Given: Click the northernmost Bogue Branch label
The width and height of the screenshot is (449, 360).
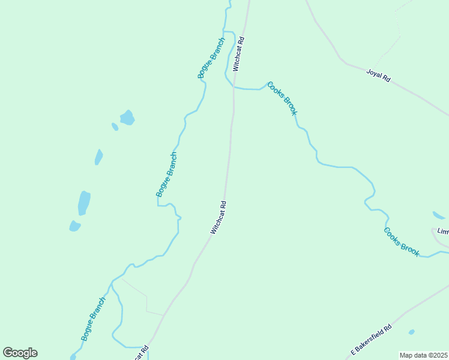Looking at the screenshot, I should click(x=211, y=58).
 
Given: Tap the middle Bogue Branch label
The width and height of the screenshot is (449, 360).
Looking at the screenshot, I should click(x=166, y=175).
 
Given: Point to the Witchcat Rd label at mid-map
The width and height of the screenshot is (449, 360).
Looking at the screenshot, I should click(x=218, y=217).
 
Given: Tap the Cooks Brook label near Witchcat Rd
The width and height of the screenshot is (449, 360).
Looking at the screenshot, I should click(x=282, y=98).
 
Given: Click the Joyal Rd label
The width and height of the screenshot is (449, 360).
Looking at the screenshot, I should click(x=378, y=76).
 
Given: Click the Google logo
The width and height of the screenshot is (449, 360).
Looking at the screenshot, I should click(x=20, y=353).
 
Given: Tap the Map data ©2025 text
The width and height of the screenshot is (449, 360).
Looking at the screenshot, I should click(x=424, y=355).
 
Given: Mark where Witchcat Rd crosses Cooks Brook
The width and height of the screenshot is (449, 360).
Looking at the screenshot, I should click(x=234, y=88).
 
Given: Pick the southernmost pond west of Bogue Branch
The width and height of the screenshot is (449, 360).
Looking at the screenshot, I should click(x=74, y=226).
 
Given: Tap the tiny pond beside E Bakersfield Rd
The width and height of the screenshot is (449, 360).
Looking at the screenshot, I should click(x=411, y=332).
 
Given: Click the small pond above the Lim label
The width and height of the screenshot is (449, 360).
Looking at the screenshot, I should click(x=438, y=215).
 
